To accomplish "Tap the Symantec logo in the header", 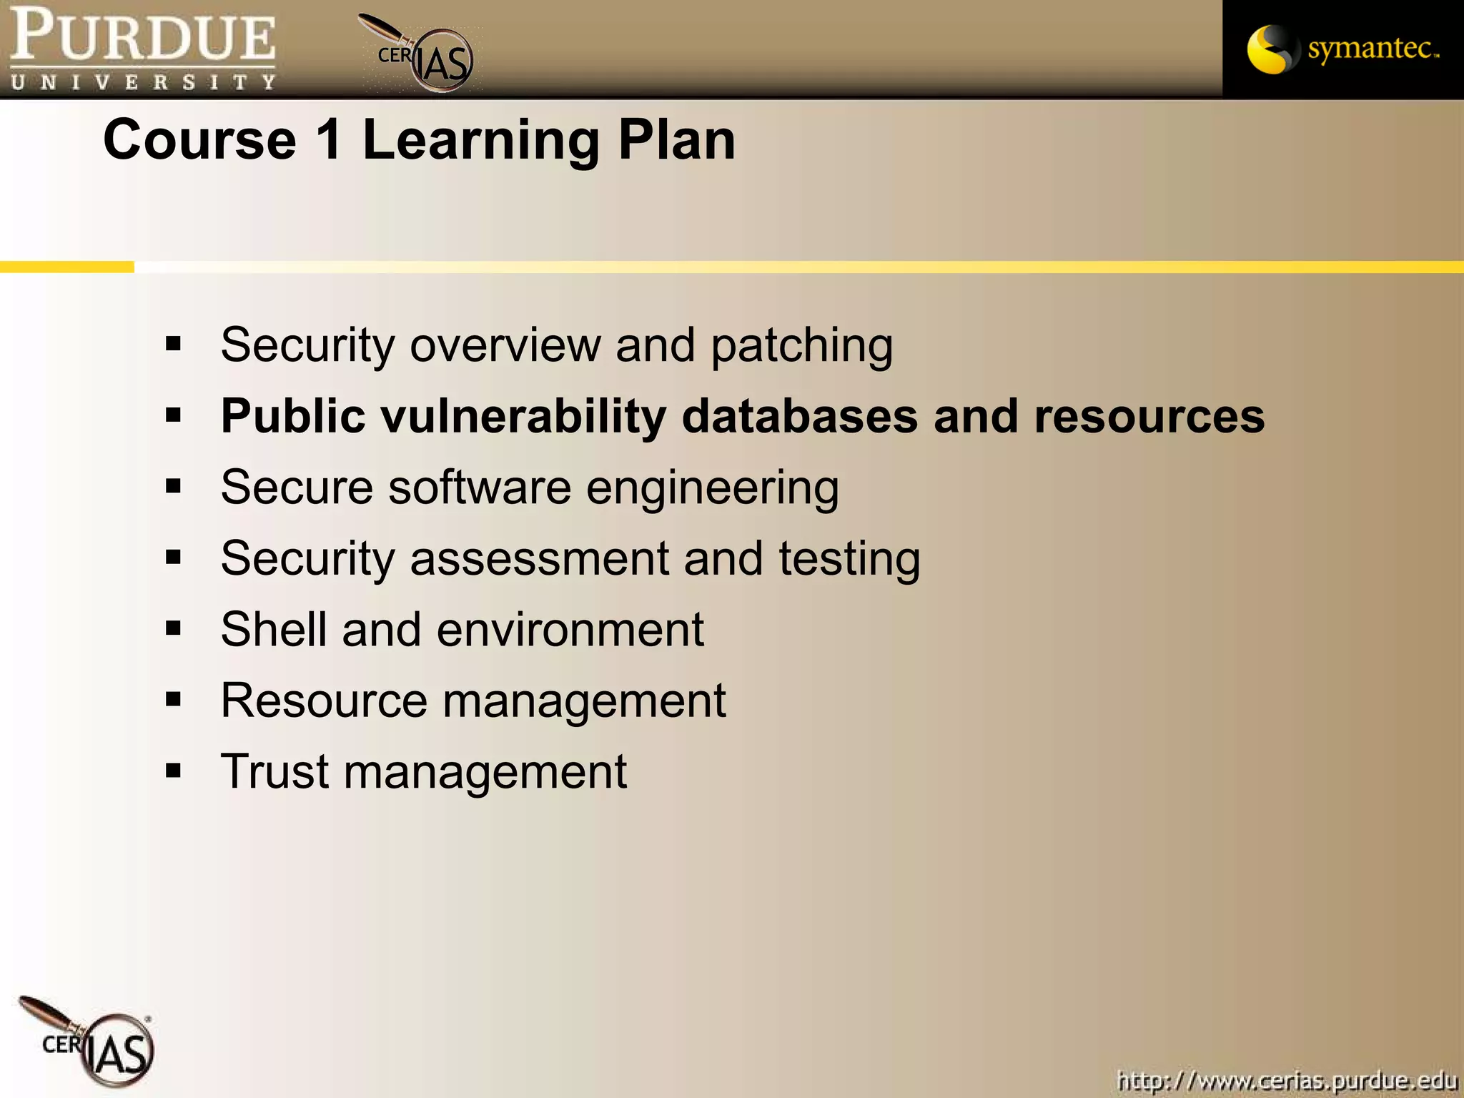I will point(1342,49).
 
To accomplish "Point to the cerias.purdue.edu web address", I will point(1287,1079).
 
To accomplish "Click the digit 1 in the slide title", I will point(329,139).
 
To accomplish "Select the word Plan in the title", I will point(676,139).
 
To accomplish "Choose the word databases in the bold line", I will point(799,417).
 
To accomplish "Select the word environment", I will point(570,630).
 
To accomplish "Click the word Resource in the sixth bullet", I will point(324,701).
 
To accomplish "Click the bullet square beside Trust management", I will point(173,771).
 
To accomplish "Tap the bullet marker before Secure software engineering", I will point(173,487).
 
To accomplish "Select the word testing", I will point(849,560).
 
